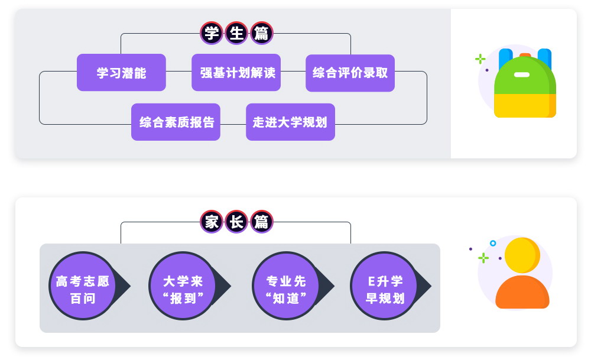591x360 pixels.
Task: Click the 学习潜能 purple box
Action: click(x=121, y=73)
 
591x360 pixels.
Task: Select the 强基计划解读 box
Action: click(x=236, y=73)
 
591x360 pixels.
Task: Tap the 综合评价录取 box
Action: click(x=350, y=73)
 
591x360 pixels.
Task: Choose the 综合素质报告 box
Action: click(x=176, y=122)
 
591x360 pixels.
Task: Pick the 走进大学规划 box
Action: click(x=290, y=122)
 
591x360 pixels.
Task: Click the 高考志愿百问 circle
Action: click(x=83, y=286)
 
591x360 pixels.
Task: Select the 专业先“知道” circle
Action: click(x=286, y=286)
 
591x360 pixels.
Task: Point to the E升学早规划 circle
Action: click(x=384, y=286)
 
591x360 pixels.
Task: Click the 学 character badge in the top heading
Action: click(x=211, y=33)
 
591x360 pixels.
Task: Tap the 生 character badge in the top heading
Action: click(x=236, y=33)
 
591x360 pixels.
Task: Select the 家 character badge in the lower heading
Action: click(x=211, y=222)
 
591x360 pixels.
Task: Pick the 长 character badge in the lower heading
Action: click(x=236, y=222)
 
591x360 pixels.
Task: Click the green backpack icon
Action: click(x=525, y=86)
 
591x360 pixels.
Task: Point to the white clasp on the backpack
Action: click(x=522, y=74)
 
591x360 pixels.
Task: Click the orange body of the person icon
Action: click(x=522, y=292)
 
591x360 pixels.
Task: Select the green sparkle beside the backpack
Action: click(x=480, y=59)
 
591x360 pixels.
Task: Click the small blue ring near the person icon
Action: click(x=493, y=243)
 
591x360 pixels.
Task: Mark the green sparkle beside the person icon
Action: click(x=483, y=258)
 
